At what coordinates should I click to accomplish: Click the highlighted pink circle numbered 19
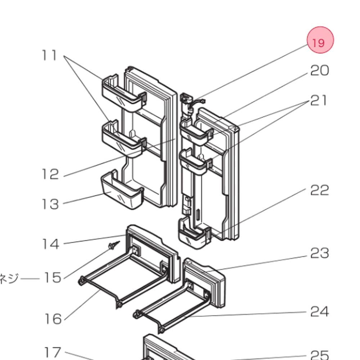tap(320, 40)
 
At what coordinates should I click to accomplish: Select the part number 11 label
tap(49, 55)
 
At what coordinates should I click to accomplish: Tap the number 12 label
tap(50, 175)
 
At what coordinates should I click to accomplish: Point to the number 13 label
tap(50, 204)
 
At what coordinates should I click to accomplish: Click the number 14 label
tap(50, 244)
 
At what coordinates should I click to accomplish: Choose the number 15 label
tap(52, 278)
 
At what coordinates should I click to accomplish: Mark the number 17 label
tap(53, 352)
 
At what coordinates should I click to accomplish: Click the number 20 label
tap(319, 71)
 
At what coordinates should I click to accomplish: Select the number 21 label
tap(319, 100)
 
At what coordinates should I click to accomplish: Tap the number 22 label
tap(320, 190)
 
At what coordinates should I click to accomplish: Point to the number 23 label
tap(320, 253)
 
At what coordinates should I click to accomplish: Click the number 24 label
tap(320, 311)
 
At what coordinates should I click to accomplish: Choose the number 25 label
tap(320, 355)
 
